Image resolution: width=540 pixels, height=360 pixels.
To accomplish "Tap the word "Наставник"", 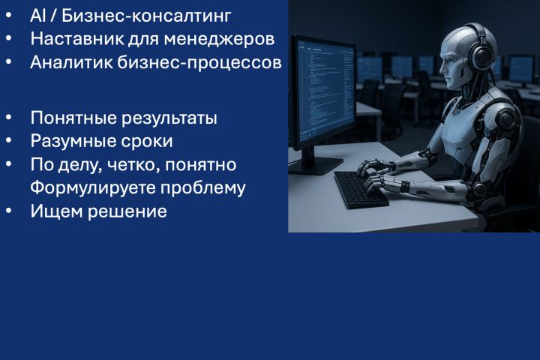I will (71, 38).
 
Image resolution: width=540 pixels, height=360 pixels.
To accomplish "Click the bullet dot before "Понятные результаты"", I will (9, 118).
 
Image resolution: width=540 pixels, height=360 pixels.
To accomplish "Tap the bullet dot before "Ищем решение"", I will (9, 211).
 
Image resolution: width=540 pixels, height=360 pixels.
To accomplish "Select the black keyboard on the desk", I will (361, 188).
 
